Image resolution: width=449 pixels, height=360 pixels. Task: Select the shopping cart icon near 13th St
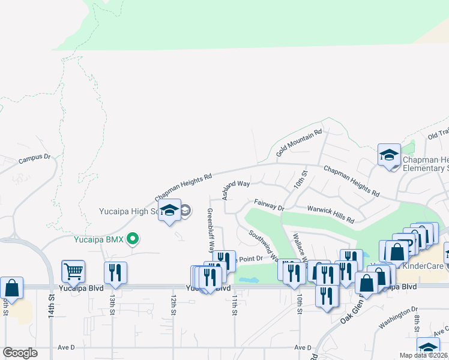pos(73,272)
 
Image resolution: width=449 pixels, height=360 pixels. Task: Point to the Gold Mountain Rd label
pos(299,143)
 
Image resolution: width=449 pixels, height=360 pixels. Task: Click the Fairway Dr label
pos(268,205)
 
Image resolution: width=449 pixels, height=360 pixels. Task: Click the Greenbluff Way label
pos(210,230)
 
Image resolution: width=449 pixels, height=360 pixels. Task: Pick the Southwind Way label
pos(262,246)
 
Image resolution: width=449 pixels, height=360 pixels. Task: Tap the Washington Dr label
pos(397,318)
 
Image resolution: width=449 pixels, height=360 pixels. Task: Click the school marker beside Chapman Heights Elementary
pos(389,156)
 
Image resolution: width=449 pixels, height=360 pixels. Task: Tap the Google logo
pos(20,353)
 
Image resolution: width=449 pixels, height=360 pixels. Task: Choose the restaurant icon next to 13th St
pos(115,272)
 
